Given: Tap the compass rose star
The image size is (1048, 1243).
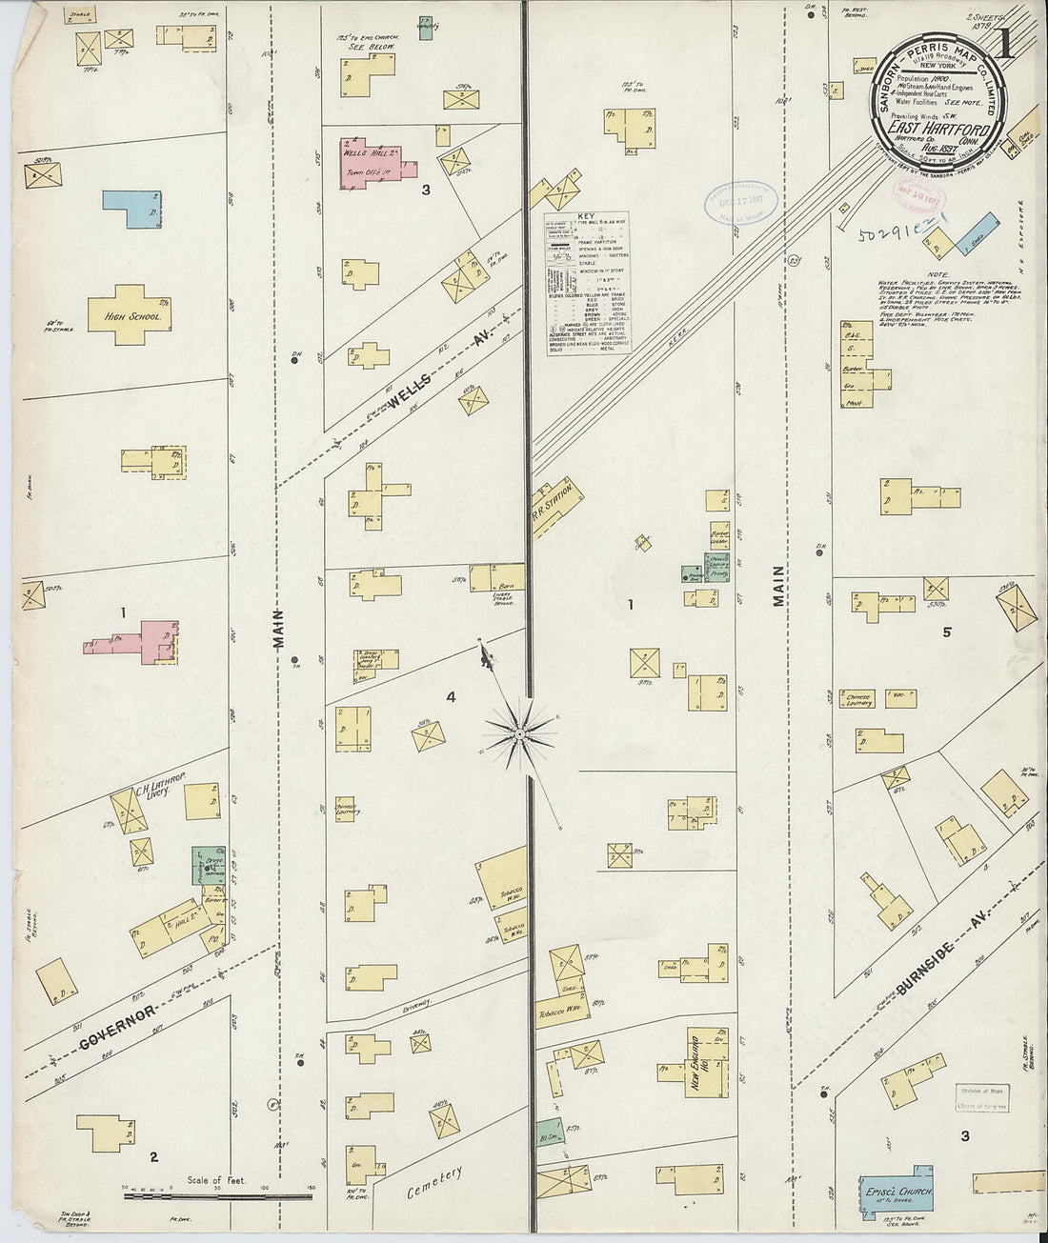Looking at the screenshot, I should (520, 732).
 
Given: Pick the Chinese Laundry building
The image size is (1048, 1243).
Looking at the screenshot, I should (858, 698).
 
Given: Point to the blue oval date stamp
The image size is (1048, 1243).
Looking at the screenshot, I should (740, 201).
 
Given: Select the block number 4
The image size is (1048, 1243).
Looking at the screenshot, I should (451, 698).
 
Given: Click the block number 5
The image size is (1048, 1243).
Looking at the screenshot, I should (947, 631).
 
